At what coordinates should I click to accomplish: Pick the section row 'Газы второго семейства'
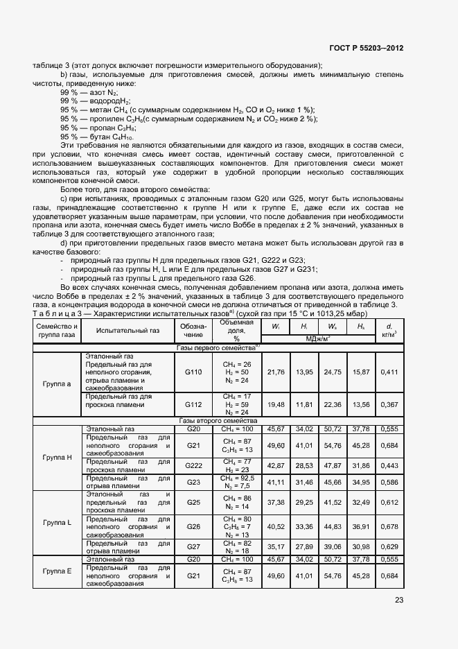218,420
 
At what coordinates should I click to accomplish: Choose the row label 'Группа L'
57,522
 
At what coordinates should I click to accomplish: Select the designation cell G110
193,372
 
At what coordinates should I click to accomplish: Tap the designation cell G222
193,465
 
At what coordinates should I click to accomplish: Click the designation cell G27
193,546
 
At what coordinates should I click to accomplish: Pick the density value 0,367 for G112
390,404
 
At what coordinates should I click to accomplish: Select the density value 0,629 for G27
390,546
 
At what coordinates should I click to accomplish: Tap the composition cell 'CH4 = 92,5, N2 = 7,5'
236,482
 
